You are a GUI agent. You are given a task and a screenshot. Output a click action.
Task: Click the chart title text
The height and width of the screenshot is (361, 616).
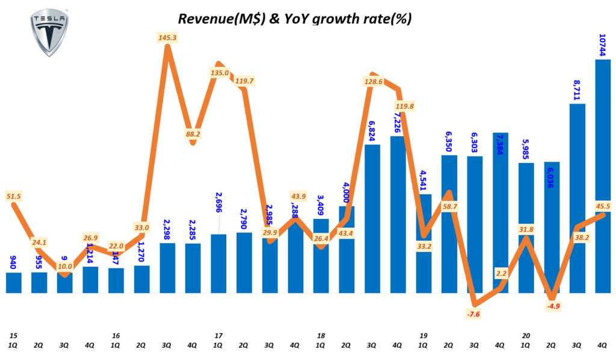coord(294,19)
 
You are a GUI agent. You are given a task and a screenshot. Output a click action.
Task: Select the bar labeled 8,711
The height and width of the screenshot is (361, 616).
coord(577,199)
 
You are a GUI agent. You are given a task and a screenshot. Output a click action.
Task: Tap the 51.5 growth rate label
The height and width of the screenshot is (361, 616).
coord(13,196)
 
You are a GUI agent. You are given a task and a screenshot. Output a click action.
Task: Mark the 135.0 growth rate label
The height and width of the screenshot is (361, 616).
coord(219,73)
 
